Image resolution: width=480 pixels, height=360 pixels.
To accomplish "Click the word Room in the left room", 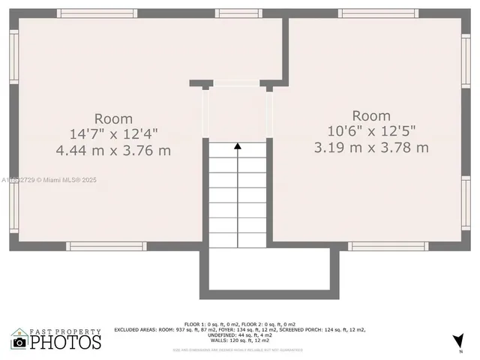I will (x=113, y=118).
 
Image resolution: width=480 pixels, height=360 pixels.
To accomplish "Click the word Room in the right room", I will (x=371, y=115).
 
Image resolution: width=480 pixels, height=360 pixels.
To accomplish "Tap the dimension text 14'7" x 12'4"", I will (x=113, y=134).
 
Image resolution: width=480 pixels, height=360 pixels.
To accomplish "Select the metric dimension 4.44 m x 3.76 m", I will (x=113, y=150).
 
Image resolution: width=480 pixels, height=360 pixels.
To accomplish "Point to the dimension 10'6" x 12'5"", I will (x=371, y=131).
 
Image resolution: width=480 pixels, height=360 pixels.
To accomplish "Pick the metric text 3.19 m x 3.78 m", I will (x=371, y=147).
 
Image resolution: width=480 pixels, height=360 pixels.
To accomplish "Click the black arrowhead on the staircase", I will (x=238, y=146).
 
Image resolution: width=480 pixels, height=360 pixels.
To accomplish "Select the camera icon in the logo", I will (x=19, y=343).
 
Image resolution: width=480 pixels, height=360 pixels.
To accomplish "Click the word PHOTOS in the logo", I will (x=65, y=343).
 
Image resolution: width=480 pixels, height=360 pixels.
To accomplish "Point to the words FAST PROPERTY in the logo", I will (x=65, y=331).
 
